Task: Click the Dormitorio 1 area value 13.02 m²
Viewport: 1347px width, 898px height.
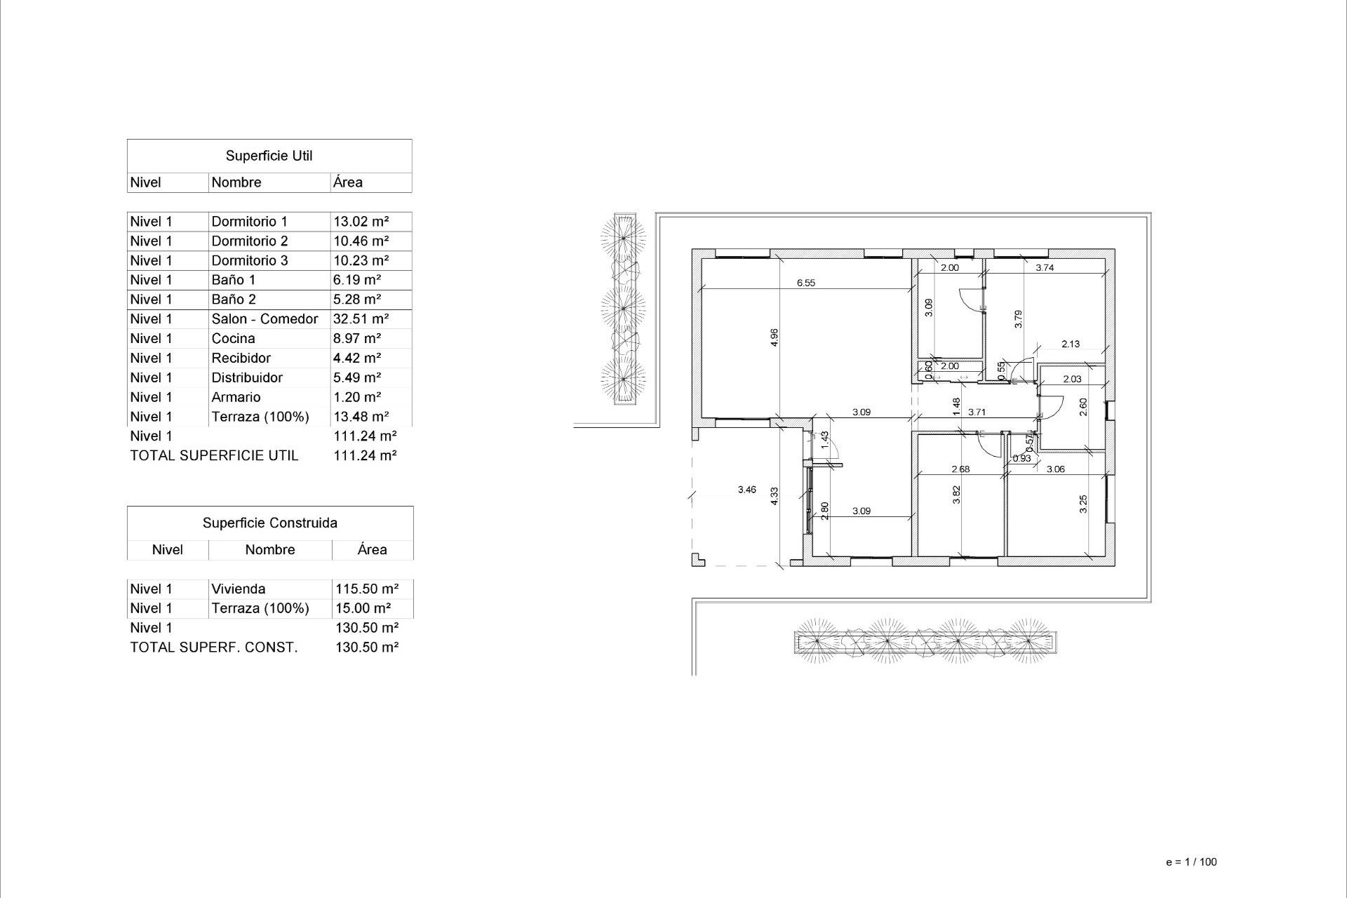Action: tap(361, 222)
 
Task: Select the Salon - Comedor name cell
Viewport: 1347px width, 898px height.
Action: tap(264, 319)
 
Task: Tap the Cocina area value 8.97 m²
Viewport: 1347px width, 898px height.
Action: tap(357, 339)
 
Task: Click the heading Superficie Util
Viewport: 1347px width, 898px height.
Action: tap(269, 156)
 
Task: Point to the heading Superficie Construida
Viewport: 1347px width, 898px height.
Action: tap(269, 523)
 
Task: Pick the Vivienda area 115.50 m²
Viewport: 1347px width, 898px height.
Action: tap(367, 589)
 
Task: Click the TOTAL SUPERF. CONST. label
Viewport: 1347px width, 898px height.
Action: tap(213, 648)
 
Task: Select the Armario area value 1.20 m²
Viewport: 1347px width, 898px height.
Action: tap(357, 398)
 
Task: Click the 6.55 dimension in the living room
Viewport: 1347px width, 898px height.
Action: tap(806, 283)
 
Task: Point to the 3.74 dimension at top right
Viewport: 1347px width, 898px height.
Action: tap(1045, 267)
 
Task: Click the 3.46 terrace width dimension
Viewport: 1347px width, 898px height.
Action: tap(747, 490)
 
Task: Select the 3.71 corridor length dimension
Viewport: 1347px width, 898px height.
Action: tap(977, 413)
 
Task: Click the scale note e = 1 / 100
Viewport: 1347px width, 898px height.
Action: tap(1191, 862)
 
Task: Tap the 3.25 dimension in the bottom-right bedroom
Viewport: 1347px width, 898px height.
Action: tap(1083, 504)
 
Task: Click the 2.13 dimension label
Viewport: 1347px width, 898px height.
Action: tap(1071, 344)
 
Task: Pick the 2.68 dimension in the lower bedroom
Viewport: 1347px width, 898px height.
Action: tap(960, 469)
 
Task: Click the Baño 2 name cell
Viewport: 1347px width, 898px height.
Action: tap(234, 300)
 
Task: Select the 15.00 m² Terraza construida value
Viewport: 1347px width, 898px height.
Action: tap(363, 609)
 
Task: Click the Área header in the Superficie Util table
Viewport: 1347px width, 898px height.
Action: tap(348, 182)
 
